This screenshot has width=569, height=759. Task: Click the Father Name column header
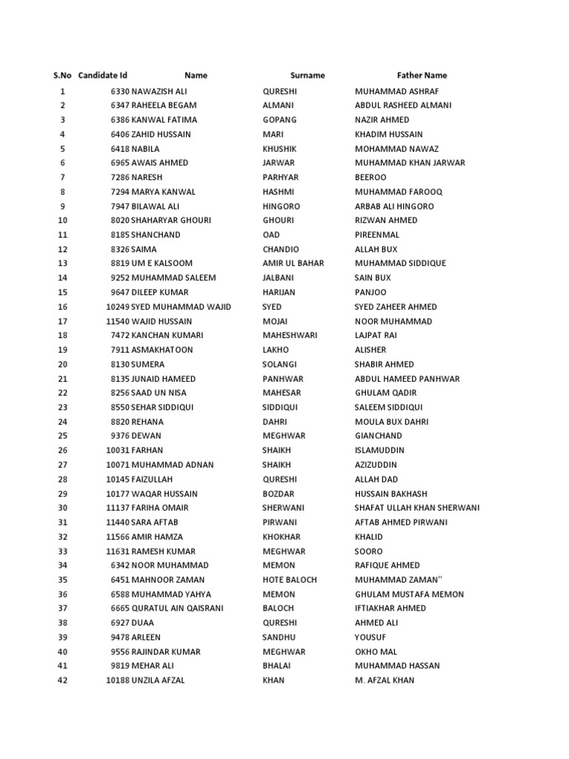pyautogui.click(x=422, y=76)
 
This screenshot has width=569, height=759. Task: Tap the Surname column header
pyautogui.click(x=307, y=76)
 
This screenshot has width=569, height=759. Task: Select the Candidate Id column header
pyautogui.click(x=102, y=76)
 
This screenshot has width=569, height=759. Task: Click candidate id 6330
pyautogui.click(x=120, y=91)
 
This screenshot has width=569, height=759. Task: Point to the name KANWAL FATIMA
pyautogui.click(x=164, y=120)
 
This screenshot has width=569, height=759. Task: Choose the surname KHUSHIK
pyautogui.click(x=279, y=149)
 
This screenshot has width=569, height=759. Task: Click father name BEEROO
pyautogui.click(x=370, y=178)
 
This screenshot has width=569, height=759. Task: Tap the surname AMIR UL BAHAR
pyautogui.click(x=293, y=264)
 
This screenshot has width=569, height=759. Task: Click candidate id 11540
pyautogui.click(x=118, y=322)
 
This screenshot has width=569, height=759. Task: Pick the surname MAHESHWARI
pyautogui.click(x=290, y=336)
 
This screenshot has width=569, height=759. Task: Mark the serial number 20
pyautogui.click(x=62, y=365)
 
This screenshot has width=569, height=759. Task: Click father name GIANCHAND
pyautogui.click(x=379, y=437)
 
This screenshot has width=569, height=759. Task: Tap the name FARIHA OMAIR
pyautogui.click(x=160, y=508)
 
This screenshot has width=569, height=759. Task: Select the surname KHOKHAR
pyautogui.click(x=282, y=537)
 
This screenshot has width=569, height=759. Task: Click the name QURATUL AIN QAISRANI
pyautogui.click(x=177, y=609)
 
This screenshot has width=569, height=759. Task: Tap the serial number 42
pyautogui.click(x=62, y=680)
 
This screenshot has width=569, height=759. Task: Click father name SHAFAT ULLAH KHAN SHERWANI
pyautogui.click(x=417, y=508)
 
